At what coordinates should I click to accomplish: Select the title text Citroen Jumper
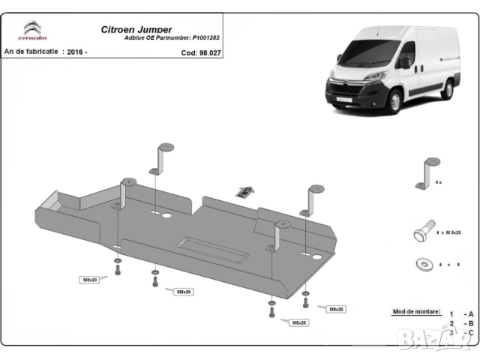coord(136,30)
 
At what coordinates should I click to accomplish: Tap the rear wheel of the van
coord(448,89)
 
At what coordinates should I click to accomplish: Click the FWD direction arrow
coord(244,192)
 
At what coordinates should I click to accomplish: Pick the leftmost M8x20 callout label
coord(89,280)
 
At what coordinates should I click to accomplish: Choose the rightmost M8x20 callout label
coord(335,309)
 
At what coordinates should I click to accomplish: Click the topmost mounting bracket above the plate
coord(163,157)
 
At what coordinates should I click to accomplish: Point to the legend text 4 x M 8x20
coord(450,234)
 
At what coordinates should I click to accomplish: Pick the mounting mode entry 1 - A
coord(461,313)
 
